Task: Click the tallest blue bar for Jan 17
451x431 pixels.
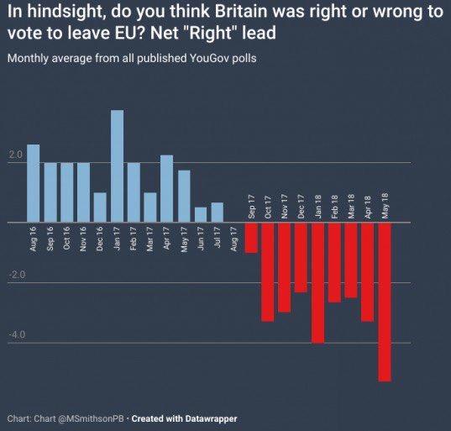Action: [117, 166]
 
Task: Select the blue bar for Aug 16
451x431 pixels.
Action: [34, 183]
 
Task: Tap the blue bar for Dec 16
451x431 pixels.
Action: [100, 208]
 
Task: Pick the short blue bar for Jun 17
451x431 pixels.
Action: [201, 214]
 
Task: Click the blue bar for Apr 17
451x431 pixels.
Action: [167, 189]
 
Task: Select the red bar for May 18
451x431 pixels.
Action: [385, 302]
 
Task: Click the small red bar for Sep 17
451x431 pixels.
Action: [251, 237]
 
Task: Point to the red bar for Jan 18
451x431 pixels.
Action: [317, 282]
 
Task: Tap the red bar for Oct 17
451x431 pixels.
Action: [268, 271]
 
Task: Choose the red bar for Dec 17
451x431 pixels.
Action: [301, 257]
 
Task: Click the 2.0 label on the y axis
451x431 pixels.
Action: [16, 155]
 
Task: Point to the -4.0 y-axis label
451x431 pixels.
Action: [16, 335]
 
